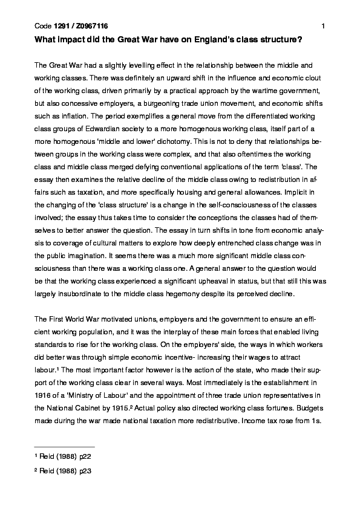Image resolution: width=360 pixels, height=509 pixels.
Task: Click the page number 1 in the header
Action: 324,26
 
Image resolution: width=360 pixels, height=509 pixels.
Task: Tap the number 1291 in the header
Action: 62,26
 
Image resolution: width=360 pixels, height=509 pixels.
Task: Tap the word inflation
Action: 70,115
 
